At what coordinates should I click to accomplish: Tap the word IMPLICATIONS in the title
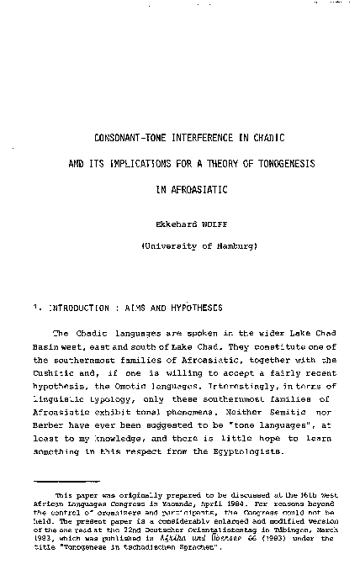pos(156,164)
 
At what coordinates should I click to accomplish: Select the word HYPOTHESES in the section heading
pos(200,308)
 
